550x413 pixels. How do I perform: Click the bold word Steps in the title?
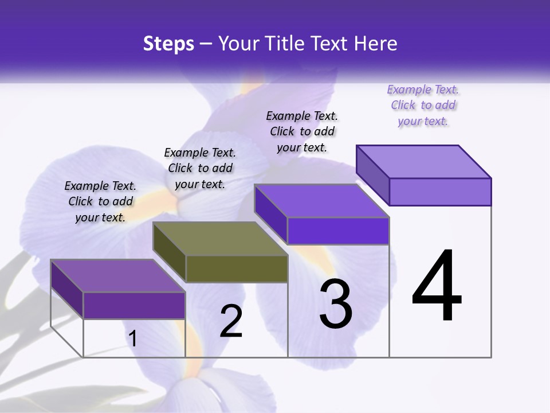pos(168,44)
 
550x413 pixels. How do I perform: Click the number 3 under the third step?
pos(336,303)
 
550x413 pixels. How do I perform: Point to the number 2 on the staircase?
pos(231,321)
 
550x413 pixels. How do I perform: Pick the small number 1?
pos(133,338)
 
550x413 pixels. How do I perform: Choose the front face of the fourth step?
pos(440,192)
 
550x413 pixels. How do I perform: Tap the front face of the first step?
pos(134,306)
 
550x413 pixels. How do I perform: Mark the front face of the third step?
pos(338,231)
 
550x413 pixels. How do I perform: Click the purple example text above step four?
pos(423,106)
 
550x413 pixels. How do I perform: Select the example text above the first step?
pos(100,202)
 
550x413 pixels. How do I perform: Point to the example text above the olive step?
pos(200,169)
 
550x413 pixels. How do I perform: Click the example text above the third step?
pos(302,132)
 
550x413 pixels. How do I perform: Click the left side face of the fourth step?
pos(372,174)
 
